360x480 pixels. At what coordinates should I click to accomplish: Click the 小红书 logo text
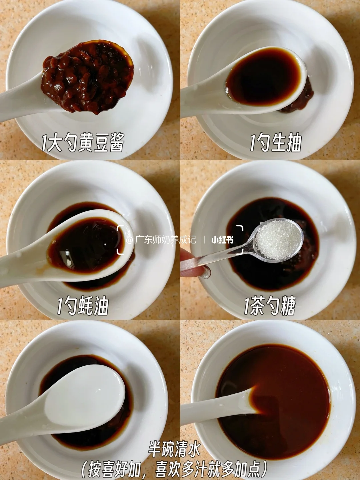coord(222,240)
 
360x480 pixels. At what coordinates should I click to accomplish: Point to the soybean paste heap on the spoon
coord(87,77)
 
